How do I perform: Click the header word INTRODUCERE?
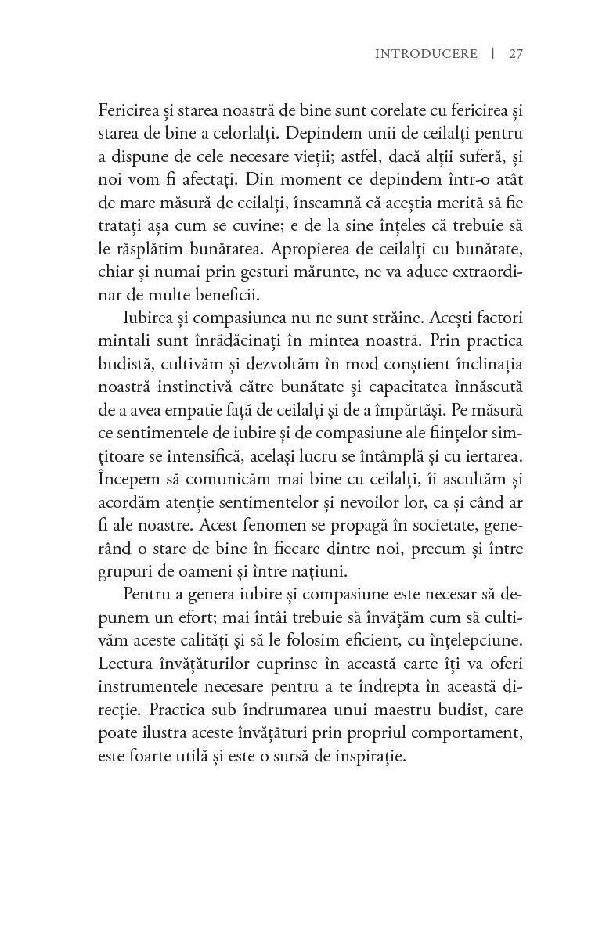click(x=426, y=54)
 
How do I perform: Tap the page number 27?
click(x=515, y=54)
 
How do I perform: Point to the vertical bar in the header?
click(x=492, y=54)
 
